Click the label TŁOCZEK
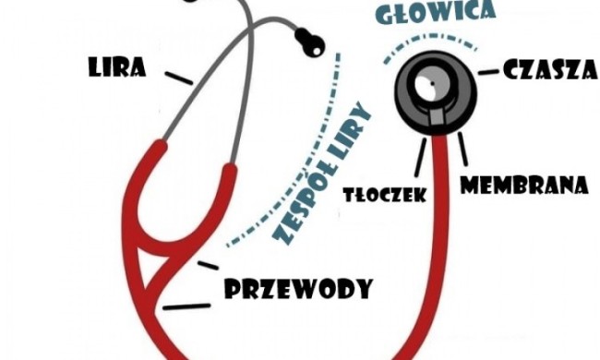pyautogui.click(x=384, y=195)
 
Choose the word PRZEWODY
pyautogui.click(x=298, y=289)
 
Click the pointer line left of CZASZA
pyautogui.click(x=488, y=71)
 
